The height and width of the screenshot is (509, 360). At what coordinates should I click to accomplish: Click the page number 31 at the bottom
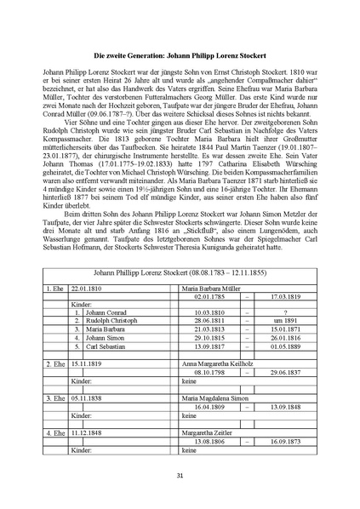[x=180, y=475]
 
